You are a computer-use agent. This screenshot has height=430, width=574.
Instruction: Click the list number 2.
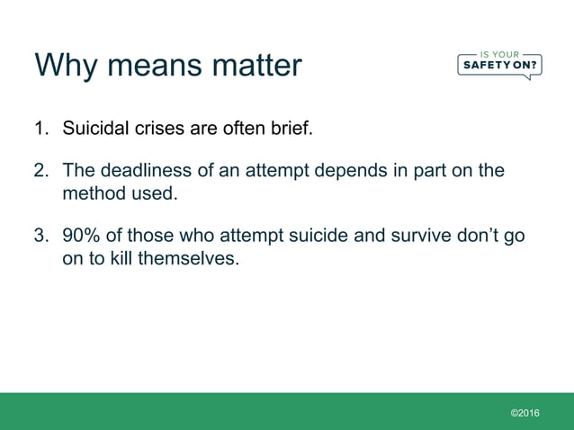point(40,171)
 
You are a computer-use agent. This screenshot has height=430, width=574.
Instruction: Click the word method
point(92,193)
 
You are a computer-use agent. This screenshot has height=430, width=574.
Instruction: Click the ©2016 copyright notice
point(525,412)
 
